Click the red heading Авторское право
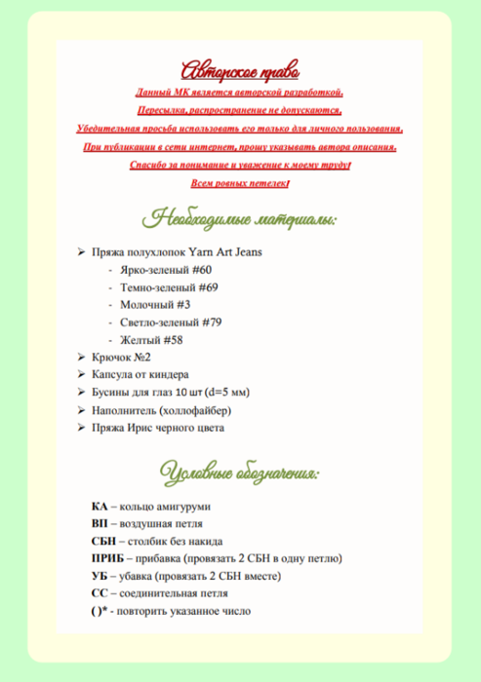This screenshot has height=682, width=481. [240, 71]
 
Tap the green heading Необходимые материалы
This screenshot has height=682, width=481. [240, 216]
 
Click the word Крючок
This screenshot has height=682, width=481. [112, 358]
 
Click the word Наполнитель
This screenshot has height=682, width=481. [123, 410]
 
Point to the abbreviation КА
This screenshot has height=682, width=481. [99, 507]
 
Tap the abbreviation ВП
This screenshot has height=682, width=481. [100, 524]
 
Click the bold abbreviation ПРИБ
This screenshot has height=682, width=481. [107, 559]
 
